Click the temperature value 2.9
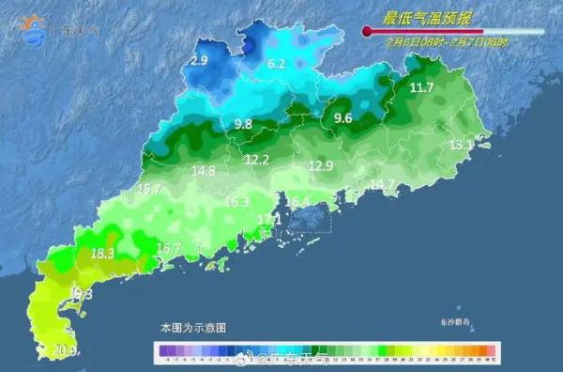[x=198, y=61]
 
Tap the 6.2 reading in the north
[x=276, y=65]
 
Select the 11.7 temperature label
[x=421, y=88]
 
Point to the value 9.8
[x=243, y=124]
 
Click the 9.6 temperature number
[x=342, y=118]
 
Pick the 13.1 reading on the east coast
[x=461, y=145]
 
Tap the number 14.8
[x=203, y=171]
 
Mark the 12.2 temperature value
[x=256, y=160]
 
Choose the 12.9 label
[x=321, y=166]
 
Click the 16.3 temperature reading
[x=236, y=202]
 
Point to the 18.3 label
[x=102, y=254]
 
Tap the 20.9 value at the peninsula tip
[x=65, y=351]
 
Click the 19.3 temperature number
[x=82, y=294]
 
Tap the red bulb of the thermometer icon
[x=367, y=32]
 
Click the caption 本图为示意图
[x=192, y=328]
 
